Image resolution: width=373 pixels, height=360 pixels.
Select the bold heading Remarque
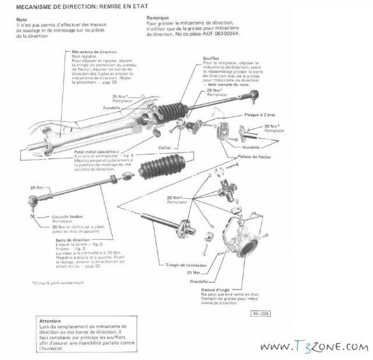157,17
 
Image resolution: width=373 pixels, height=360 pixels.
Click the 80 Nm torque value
37,188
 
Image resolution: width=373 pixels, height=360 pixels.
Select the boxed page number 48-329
260,315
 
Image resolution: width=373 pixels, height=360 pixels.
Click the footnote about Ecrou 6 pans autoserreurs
59,283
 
